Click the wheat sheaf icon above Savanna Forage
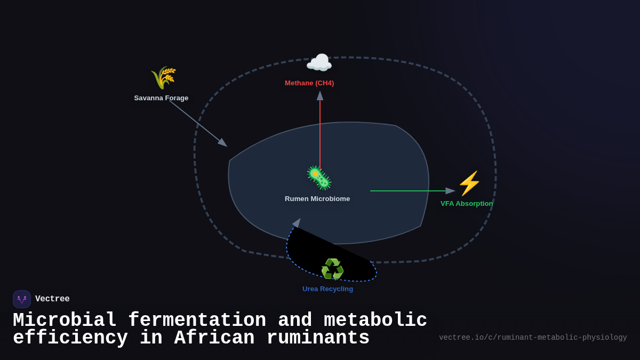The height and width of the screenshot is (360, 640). [163, 78]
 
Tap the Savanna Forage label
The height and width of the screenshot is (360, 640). [161, 98]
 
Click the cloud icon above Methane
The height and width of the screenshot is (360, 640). [319, 63]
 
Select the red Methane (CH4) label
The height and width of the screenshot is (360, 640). [309, 83]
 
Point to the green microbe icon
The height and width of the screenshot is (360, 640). [319, 178]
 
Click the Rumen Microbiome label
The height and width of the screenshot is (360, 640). [317, 199]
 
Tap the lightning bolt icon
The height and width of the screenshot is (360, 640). [469, 183]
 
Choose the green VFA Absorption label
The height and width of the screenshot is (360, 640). [467, 204]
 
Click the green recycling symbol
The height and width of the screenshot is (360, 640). [332, 269]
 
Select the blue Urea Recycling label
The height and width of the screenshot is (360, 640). [327, 289]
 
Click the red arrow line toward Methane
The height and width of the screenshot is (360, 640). [320, 133]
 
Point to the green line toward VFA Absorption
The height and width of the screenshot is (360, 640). [408, 191]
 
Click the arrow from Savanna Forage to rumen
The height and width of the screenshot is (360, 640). [197, 123]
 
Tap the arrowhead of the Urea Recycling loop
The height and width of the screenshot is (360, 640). [297, 223]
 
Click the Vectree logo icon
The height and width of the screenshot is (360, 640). [22, 299]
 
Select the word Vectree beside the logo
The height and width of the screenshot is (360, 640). [52, 299]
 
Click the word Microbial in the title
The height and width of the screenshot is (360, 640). [65, 321]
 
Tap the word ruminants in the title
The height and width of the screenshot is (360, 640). [318, 338]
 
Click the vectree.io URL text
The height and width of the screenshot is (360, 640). [533, 338]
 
